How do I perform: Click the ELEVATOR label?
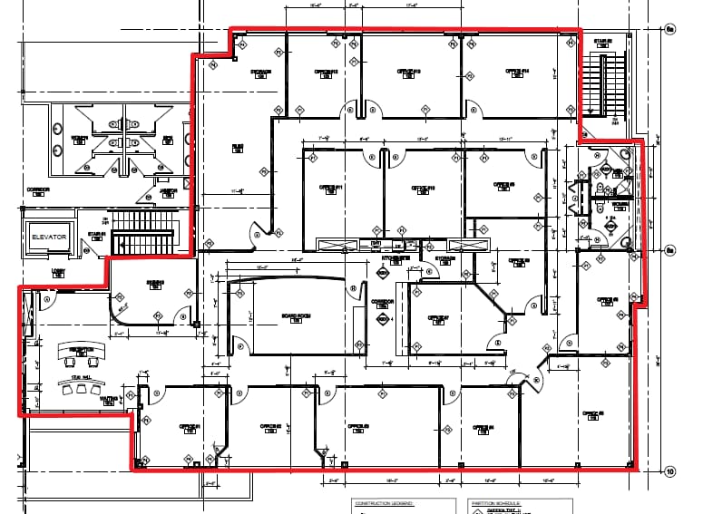coord(50,237)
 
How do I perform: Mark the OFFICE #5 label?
coord(594,412)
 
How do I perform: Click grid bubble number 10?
coord(670,471)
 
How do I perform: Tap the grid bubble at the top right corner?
coord(670,30)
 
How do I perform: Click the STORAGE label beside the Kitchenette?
coord(444,258)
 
